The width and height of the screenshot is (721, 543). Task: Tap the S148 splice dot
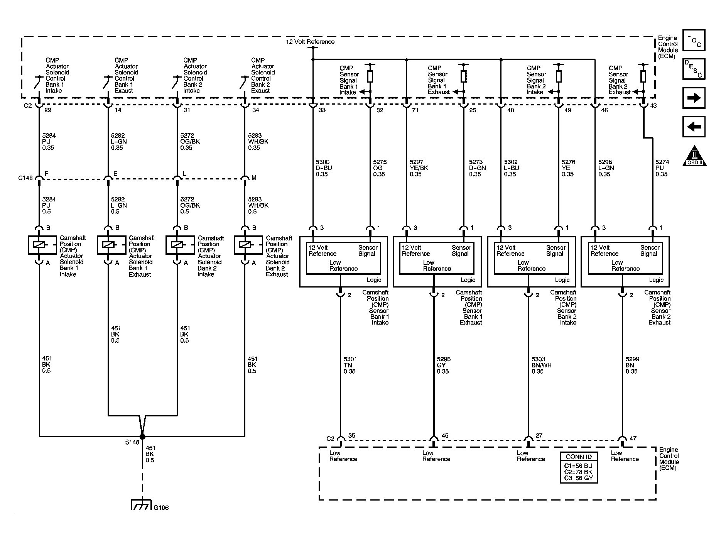[142, 436]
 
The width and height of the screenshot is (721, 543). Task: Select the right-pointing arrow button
[694, 98]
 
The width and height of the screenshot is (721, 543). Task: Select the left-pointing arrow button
[694, 127]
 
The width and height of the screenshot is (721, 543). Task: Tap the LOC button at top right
[694, 40]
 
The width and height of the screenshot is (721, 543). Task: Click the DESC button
[694, 69]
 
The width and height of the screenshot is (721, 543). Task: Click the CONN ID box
[578, 467]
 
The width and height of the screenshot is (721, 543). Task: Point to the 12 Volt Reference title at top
[310, 42]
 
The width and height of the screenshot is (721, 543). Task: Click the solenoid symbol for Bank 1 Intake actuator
[39, 245]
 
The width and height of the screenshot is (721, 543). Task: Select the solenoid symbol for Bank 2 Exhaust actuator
[245, 245]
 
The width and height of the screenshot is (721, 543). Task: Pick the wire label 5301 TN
[349, 365]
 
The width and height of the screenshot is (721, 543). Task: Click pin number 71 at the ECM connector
[415, 110]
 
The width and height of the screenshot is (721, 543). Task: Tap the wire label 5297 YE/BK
[418, 168]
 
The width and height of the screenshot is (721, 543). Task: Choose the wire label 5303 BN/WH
[541, 365]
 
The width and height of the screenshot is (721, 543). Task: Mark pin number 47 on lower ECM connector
[633, 438]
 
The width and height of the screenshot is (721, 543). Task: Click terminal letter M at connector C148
[254, 178]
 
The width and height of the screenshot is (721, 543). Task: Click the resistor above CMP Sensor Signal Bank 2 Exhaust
[643, 76]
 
